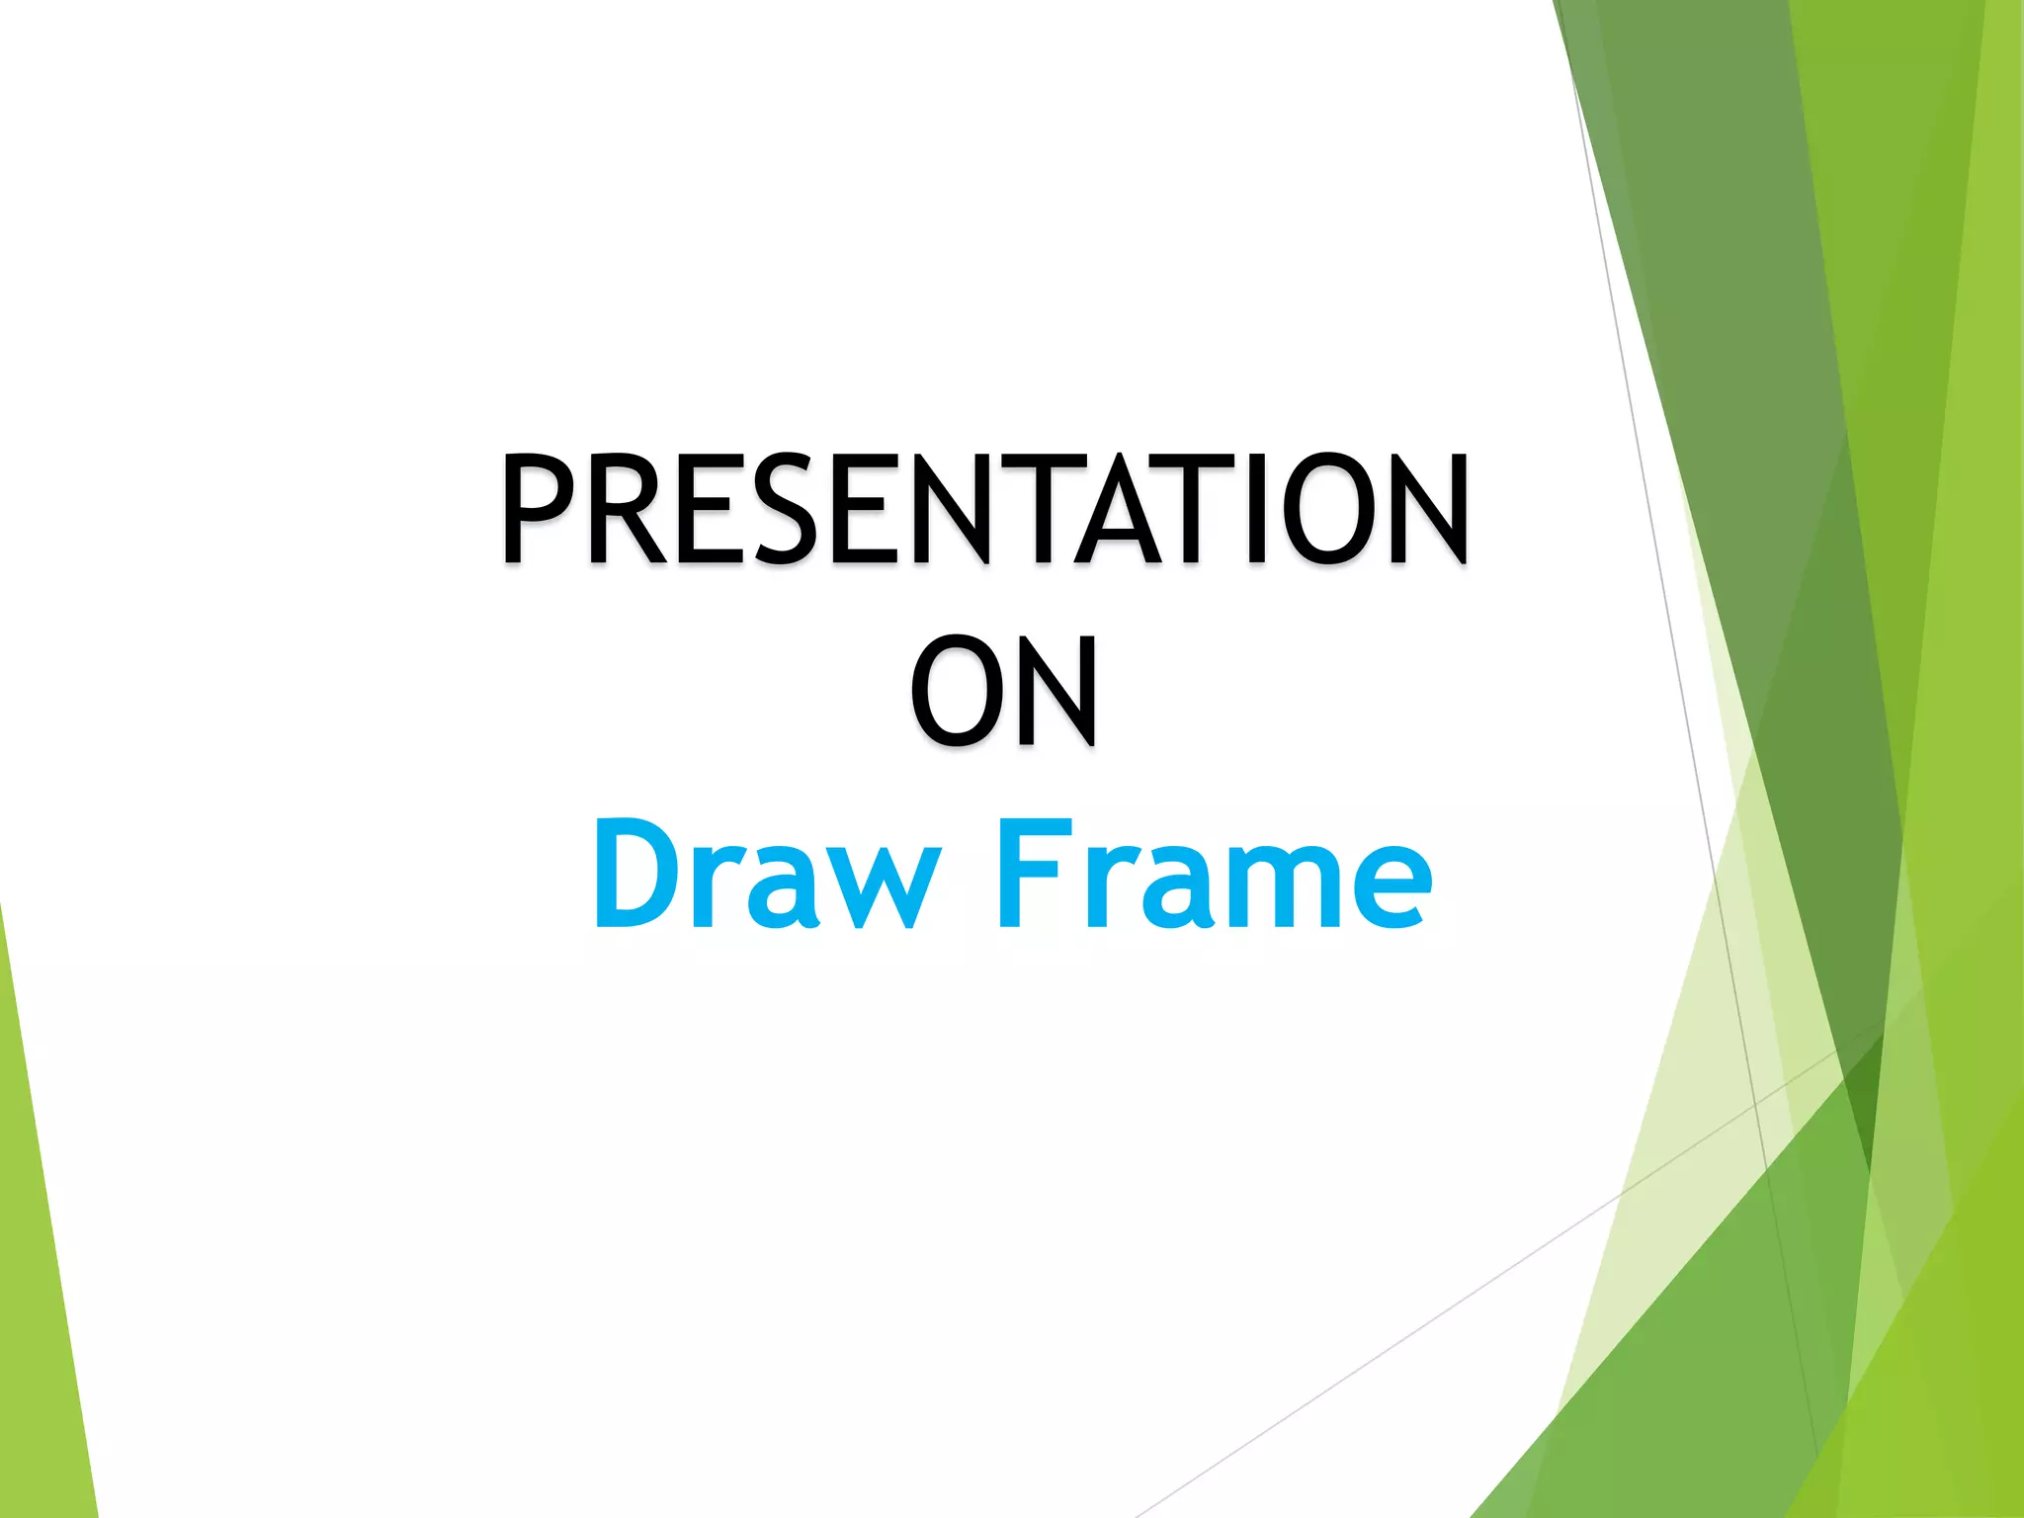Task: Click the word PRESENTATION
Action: pos(985,508)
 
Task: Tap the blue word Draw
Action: pos(767,876)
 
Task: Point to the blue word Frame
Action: pos(1215,876)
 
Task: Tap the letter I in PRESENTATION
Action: pos(1256,508)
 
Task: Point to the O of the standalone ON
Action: pos(955,691)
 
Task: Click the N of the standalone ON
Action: pos(1057,691)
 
